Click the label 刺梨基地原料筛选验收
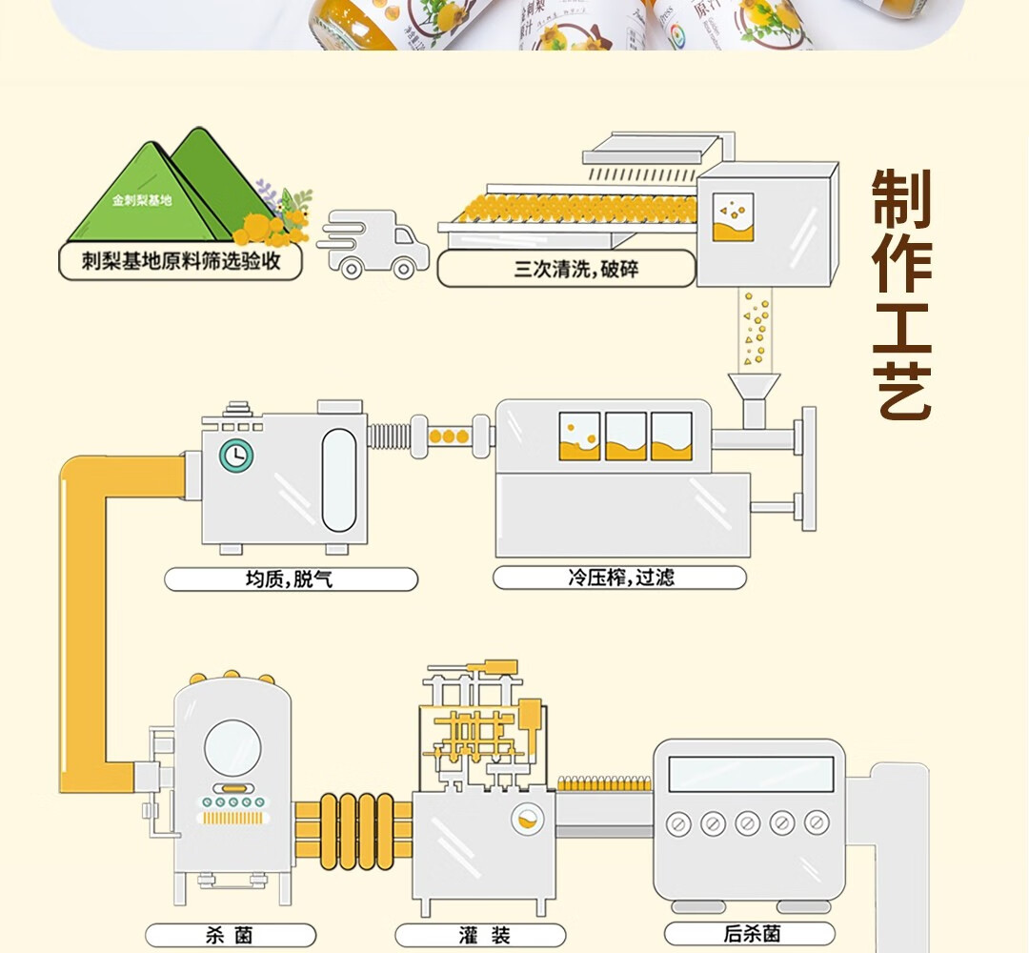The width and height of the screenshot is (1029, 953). click(180, 261)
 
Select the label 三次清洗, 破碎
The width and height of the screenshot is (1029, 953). click(566, 269)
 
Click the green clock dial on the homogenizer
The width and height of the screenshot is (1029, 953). click(235, 456)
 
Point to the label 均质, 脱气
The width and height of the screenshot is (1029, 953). click(291, 578)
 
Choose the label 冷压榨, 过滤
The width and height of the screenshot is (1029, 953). click(619, 577)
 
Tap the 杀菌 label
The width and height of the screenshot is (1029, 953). click(230, 935)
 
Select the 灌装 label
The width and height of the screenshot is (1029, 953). click(480, 935)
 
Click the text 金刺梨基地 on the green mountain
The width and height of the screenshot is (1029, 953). click(141, 201)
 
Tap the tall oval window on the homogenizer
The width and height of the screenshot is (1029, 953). click(338, 479)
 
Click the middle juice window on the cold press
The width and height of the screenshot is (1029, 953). click(626, 436)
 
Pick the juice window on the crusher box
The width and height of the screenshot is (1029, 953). click(733, 217)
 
